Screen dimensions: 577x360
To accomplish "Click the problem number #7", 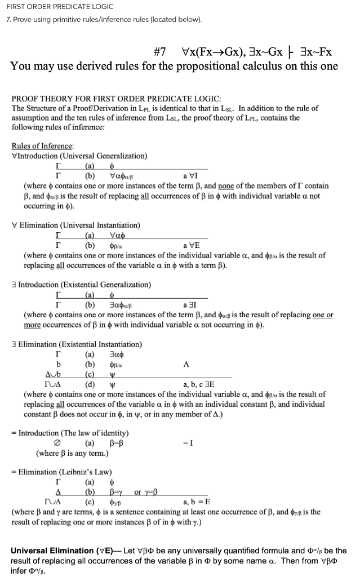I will click(159, 52).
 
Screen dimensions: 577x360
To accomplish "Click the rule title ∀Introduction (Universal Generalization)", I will click(79, 156).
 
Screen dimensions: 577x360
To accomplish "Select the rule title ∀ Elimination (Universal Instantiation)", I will click(76, 225).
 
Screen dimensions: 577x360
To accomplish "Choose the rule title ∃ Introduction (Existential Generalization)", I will click(81, 285).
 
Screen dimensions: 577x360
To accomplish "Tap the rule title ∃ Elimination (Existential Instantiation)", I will click(77, 344).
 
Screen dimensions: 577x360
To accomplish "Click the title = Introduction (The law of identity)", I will click(70, 433).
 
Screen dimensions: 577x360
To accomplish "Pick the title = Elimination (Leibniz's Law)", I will click(61, 472).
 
